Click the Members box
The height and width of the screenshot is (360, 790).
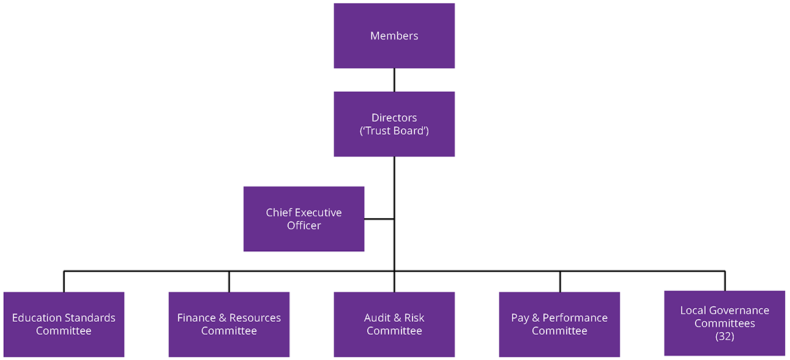(394, 36)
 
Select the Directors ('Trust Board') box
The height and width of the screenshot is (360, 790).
(394, 124)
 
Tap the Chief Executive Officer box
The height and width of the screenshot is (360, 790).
(304, 219)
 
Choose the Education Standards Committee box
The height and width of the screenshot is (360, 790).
(63, 324)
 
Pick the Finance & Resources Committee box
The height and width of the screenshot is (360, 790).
(229, 324)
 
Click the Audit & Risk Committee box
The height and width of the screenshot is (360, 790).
(394, 324)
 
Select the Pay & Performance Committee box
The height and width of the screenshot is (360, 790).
(559, 324)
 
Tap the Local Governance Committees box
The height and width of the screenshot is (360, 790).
(725, 323)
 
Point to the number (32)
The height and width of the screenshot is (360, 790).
(725, 337)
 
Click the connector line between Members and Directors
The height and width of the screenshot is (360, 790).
(394, 80)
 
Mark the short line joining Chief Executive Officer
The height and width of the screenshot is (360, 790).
(379, 219)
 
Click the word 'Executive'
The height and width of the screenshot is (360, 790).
(317, 212)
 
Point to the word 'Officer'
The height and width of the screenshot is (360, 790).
(304, 226)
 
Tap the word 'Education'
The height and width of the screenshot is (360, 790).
(37, 318)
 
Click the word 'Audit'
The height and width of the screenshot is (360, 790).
(377, 318)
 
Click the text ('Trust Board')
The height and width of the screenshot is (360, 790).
(394, 131)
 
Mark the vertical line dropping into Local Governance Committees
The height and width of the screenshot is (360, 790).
(725, 281)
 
